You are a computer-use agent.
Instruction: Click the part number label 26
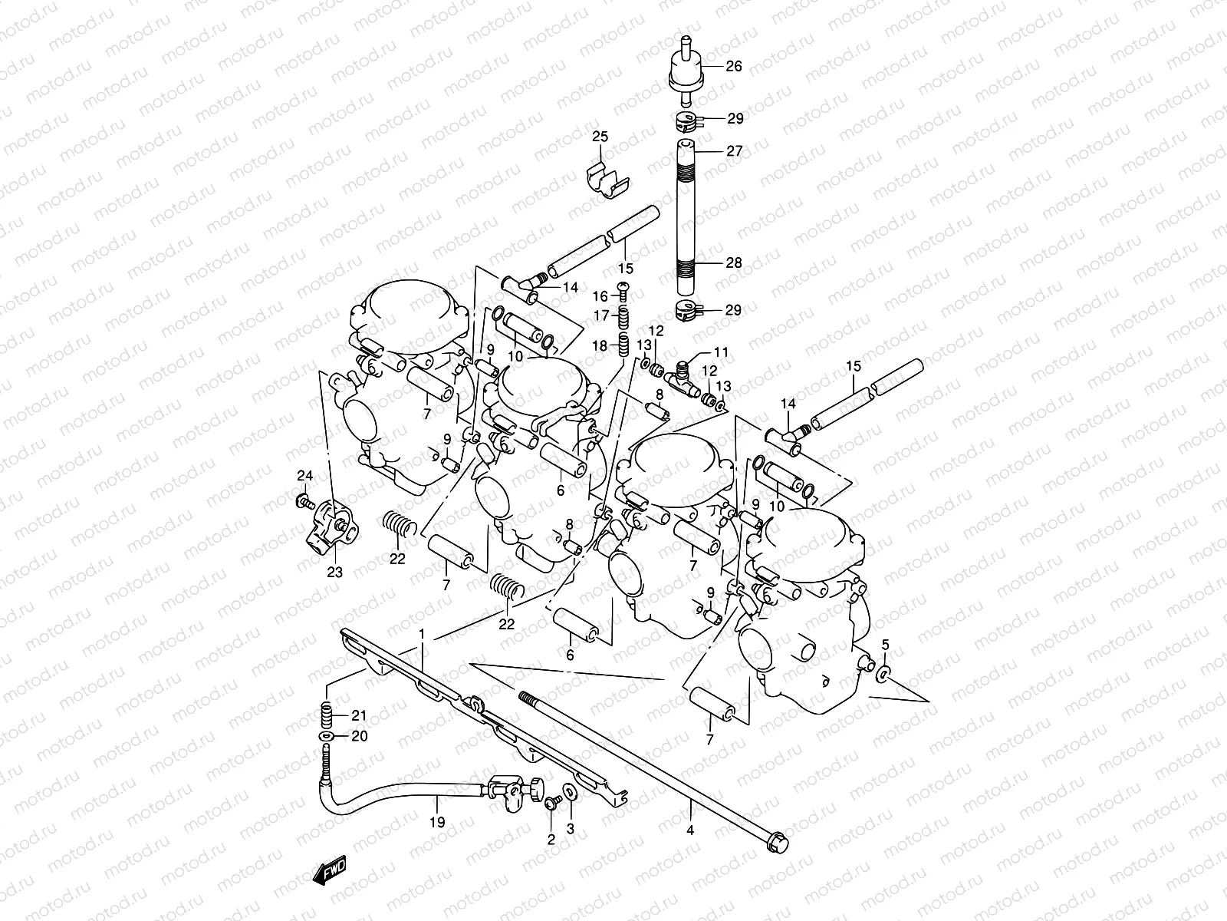(x=734, y=66)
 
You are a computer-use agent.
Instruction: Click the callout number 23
(x=335, y=572)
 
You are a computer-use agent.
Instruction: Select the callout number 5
(x=885, y=644)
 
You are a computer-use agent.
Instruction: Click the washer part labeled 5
(x=883, y=674)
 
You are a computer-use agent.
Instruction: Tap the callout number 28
(x=734, y=262)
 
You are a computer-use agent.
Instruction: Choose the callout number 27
(x=734, y=151)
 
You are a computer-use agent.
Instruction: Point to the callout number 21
(x=360, y=715)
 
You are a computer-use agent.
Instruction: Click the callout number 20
(x=360, y=736)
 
